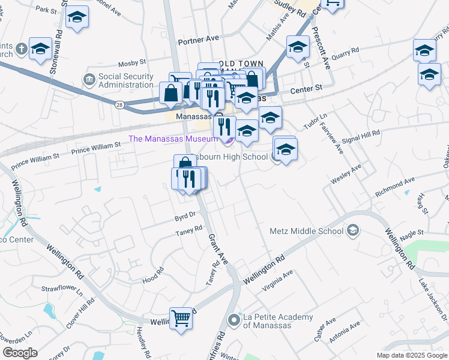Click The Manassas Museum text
coord(173,139)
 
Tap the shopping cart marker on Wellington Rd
coord(181,319)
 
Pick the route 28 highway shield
coord(120,105)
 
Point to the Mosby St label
coord(132,62)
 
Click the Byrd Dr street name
coord(185,215)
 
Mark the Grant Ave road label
coord(218,249)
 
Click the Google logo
coord(19,353)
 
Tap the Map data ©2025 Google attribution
coord(411,355)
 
